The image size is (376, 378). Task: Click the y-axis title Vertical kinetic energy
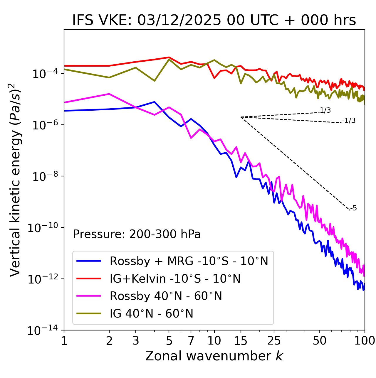[x=15, y=180]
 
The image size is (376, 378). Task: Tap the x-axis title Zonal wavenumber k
[x=214, y=356]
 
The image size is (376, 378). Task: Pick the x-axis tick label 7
[x=191, y=341]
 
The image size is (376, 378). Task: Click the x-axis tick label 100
[x=364, y=341]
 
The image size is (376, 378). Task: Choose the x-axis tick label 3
[x=136, y=341]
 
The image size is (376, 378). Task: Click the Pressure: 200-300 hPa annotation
[x=137, y=234]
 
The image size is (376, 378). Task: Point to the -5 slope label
[x=353, y=208]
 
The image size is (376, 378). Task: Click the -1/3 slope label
[x=349, y=121]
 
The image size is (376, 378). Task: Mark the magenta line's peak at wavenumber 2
[x=109, y=94]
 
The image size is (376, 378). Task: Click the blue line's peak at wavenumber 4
[x=155, y=102]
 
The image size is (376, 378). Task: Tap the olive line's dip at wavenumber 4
[x=155, y=81]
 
